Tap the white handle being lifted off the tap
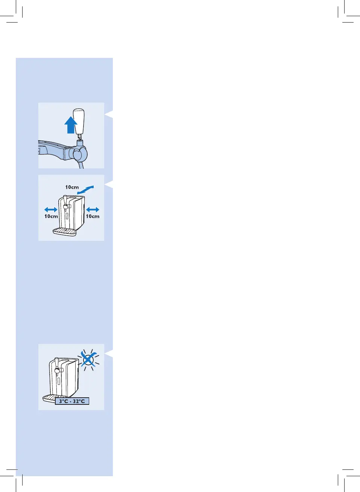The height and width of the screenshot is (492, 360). (x=79, y=121)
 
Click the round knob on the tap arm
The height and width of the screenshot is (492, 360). (x=80, y=154)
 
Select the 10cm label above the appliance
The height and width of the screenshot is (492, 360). (x=72, y=187)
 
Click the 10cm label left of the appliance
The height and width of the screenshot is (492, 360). (x=51, y=216)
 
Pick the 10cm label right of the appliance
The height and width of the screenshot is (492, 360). (x=93, y=216)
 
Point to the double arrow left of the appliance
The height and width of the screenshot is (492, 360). (x=51, y=209)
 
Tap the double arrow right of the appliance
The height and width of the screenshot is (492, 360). (x=93, y=209)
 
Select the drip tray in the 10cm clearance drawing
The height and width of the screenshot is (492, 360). (x=64, y=232)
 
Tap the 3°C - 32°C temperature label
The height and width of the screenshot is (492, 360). (x=72, y=401)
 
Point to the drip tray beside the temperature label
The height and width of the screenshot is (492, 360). (x=49, y=398)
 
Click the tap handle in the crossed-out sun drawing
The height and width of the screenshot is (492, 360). (x=56, y=364)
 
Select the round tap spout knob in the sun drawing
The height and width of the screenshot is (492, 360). (x=56, y=371)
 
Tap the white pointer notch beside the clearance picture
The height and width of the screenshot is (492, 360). (x=109, y=184)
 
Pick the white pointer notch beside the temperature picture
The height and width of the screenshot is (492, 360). (x=109, y=353)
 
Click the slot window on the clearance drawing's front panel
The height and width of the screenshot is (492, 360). (x=67, y=216)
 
